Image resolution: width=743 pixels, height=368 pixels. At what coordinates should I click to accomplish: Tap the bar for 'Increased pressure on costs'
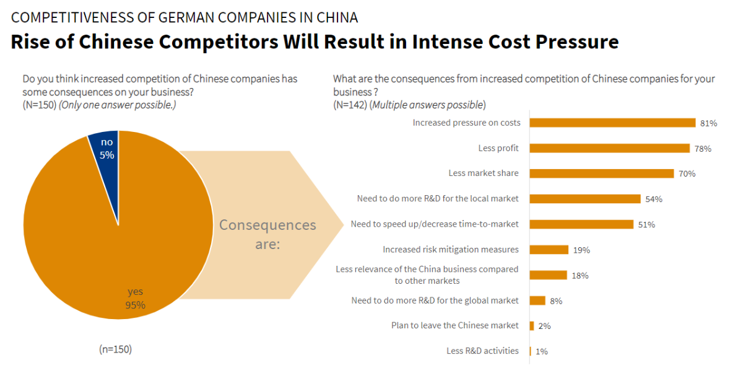tap(612, 123)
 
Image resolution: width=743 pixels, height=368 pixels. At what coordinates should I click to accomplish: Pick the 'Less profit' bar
tap(609, 148)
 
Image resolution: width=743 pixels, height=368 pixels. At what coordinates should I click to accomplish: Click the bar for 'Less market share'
tap(601, 173)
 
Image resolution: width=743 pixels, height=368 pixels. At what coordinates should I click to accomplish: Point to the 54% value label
tap(654, 199)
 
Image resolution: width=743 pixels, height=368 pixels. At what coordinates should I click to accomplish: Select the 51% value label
tap(646, 224)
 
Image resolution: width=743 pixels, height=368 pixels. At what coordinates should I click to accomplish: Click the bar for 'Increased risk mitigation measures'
tap(549, 250)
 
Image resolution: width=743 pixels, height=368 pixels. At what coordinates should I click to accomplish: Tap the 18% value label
tap(580, 276)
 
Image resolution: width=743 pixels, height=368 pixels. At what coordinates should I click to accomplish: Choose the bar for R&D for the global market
tap(537, 300)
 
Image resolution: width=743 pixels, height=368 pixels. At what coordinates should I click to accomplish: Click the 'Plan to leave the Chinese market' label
tap(454, 325)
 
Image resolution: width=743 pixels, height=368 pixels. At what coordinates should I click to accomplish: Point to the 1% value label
tap(541, 351)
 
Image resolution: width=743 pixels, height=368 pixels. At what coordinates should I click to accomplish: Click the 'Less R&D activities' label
tap(482, 351)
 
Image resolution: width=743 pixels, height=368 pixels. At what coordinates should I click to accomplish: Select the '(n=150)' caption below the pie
tap(116, 349)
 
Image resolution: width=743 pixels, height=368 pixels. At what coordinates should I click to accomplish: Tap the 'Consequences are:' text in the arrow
tap(267, 234)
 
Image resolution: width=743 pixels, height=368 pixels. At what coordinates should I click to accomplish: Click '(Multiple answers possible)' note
tap(427, 104)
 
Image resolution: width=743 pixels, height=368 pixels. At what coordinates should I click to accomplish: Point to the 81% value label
tap(708, 123)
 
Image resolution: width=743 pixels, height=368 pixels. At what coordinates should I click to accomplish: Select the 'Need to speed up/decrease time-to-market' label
tap(435, 224)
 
